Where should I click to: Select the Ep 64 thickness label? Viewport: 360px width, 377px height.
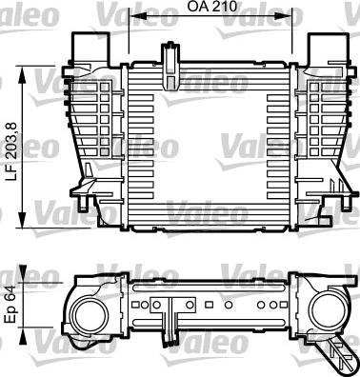(x=10, y=302)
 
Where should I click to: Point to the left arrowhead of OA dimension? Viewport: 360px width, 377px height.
(x=132, y=17)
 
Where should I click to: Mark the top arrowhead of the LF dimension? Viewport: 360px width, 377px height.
(x=27, y=69)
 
